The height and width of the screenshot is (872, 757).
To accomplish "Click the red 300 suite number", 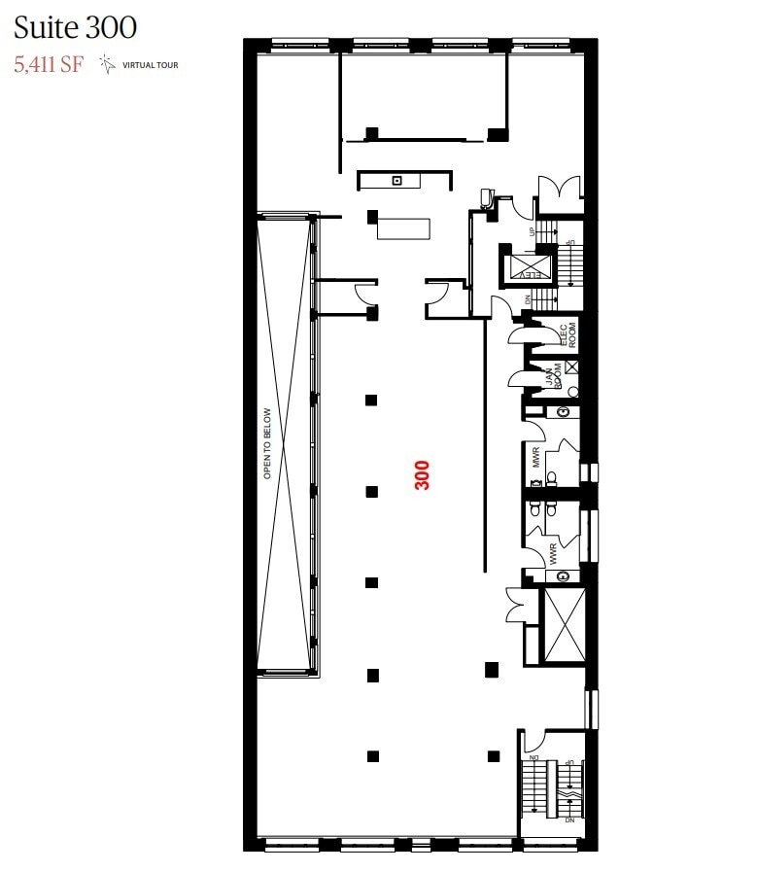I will click(x=423, y=474).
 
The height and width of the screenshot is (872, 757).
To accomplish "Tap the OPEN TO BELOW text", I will click(x=267, y=443).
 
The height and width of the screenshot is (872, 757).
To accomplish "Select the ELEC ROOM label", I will click(x=567, y=333).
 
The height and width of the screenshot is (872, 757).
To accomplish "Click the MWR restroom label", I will click(x=535, y=456).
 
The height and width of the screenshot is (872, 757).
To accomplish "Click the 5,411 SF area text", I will click(x=49, y=65).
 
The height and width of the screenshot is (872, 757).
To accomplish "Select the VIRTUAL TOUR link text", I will click(x=150, y=66).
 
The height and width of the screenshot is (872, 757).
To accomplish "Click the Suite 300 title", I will click(x=75, y=26).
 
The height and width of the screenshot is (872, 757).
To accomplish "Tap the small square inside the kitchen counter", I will click(x=396, y=181).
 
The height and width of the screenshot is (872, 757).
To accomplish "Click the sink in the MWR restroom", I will click(x=563, y=412).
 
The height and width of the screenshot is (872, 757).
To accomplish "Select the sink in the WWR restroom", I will click(x=562, y=576).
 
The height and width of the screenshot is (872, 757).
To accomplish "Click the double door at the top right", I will click(x=560, y=191).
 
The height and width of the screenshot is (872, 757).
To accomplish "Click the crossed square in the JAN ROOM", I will click(x=571, y=367).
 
